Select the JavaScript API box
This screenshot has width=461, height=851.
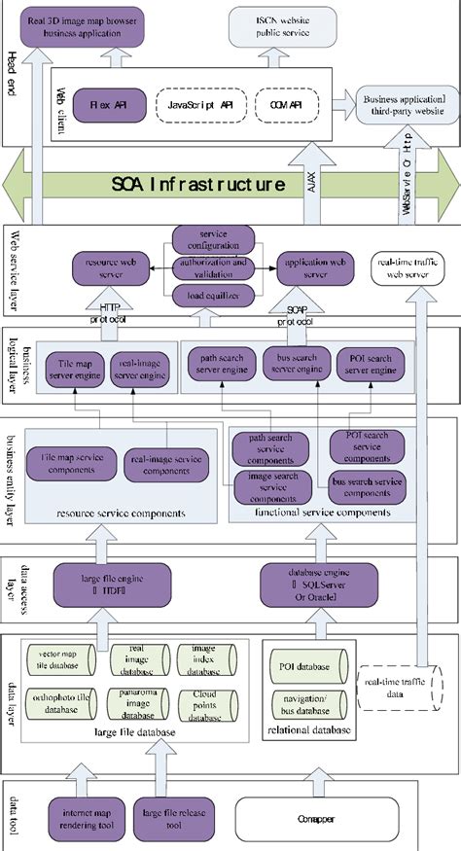[197, 103]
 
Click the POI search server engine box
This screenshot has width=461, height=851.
[371, 364]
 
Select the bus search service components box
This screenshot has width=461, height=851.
[368, 482]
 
